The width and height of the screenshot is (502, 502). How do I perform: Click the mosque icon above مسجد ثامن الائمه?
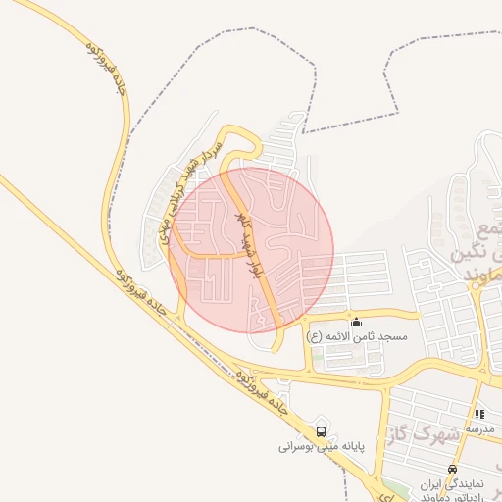click(355, 322)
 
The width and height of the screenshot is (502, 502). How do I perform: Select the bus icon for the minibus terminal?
click(321, 430)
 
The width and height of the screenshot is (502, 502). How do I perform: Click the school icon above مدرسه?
click(478, 415)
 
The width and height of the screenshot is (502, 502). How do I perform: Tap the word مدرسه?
click(480, 428)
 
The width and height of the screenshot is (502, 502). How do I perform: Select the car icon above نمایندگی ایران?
click(451, 470)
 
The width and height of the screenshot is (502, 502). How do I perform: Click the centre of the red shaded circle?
click(251, 249)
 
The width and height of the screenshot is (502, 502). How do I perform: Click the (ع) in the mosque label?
click(314, 336)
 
